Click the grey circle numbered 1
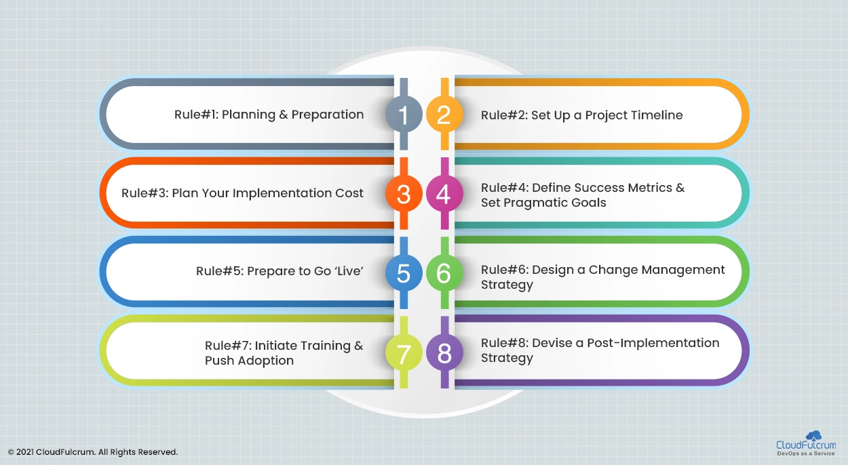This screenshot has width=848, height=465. click(404, 115)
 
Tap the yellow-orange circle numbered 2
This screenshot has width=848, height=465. click(444, 115)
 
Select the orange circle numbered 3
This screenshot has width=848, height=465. click(404, 193)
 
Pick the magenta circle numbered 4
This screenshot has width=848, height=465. click(444, 193)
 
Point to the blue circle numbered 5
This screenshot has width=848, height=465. click(404, 272)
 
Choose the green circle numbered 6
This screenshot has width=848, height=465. click(444, 272)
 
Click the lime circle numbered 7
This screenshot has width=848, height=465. click(404, 352)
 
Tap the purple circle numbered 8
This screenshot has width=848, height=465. click(444, 352)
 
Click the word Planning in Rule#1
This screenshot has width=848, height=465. click(248, 115)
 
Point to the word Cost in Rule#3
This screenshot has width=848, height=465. click(349, 193)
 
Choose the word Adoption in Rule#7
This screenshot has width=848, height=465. click(268, 361)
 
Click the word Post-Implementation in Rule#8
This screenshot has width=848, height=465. click(653, 343)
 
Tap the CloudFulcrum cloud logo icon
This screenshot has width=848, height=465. click(814, 435)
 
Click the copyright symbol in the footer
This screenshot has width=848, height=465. click(11, 452)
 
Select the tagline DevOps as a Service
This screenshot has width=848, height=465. click(806, 453)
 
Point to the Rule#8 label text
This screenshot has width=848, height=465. click(504, 343)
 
